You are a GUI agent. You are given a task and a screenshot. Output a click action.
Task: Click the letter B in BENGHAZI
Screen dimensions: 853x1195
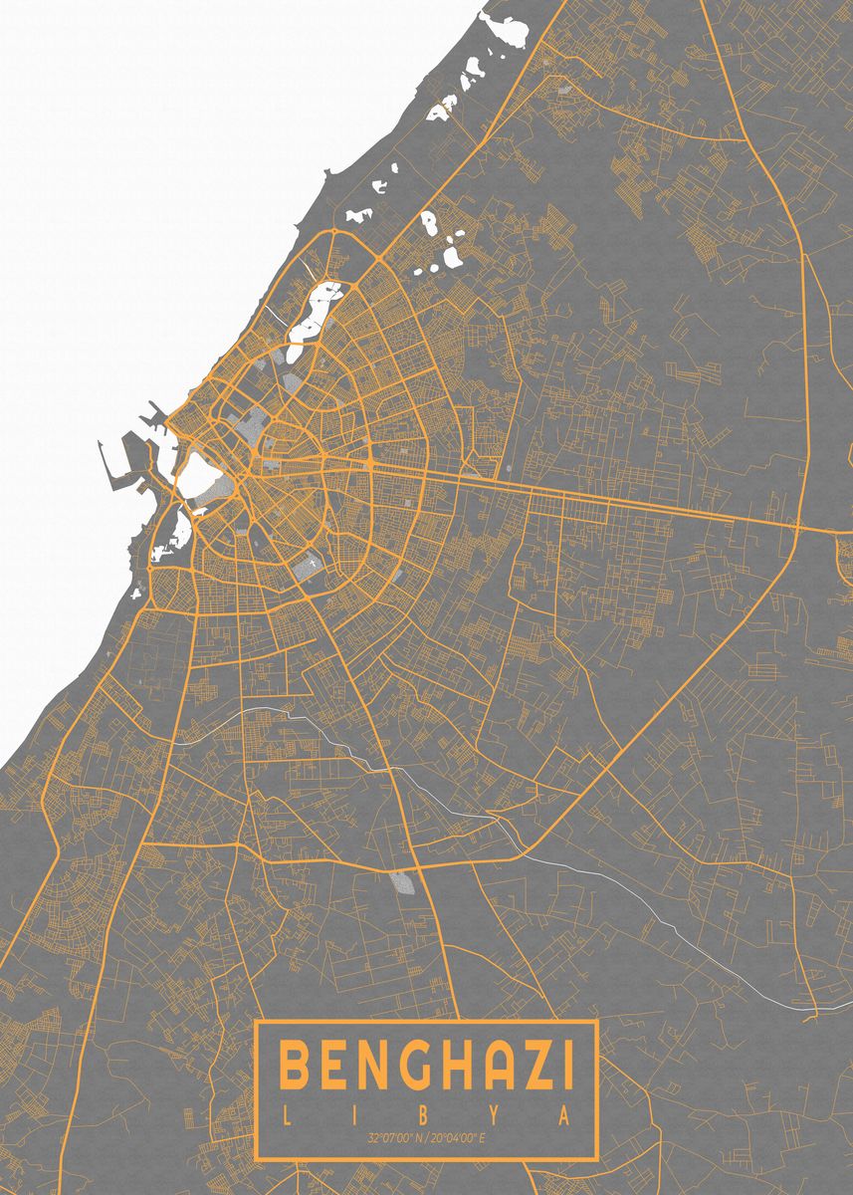(295, 1066)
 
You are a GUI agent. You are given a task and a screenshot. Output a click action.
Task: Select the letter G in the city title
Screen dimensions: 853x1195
(392, 1066)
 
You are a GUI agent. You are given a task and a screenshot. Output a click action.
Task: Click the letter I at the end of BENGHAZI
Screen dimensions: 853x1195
(565, 1066)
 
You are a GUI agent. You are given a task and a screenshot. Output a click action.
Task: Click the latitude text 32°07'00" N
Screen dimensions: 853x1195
(396, 1137)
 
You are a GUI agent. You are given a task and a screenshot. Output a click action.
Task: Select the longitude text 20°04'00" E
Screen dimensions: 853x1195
(461, 1137)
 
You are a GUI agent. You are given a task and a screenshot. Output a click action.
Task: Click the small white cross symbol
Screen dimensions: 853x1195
(311, 564)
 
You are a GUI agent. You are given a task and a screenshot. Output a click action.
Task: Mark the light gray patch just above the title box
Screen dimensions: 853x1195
(402, 882)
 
